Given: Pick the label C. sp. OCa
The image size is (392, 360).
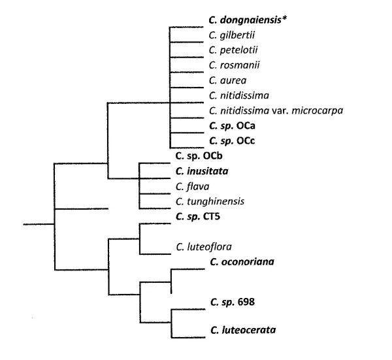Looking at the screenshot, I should point(231,125).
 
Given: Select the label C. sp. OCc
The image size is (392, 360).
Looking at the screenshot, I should point(231,140).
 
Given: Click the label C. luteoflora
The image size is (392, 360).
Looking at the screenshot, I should point(204,247).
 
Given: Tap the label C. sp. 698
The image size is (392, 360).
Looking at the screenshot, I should point(233,302).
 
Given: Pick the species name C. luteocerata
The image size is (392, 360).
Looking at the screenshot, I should point(243,331).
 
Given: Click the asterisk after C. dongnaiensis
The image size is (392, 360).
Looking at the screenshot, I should point(286,19).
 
